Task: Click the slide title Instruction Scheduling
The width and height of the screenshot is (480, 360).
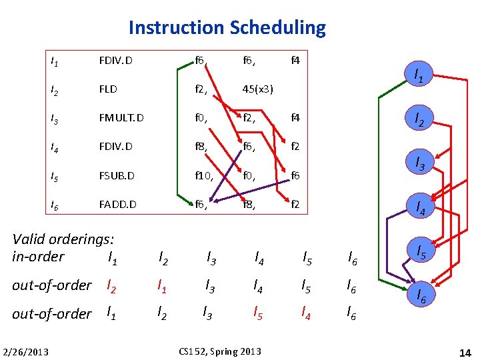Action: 227,28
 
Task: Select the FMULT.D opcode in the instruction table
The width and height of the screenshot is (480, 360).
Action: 120,118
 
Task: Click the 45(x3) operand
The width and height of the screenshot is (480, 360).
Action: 258,89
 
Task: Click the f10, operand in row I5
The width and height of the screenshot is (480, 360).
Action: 203,175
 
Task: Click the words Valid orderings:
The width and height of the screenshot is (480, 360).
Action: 63,239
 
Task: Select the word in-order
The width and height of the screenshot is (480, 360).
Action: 38,257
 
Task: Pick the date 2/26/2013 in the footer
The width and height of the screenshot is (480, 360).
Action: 25,351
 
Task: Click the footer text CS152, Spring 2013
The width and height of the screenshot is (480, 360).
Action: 221,351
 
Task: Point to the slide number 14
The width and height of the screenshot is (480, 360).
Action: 465,351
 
